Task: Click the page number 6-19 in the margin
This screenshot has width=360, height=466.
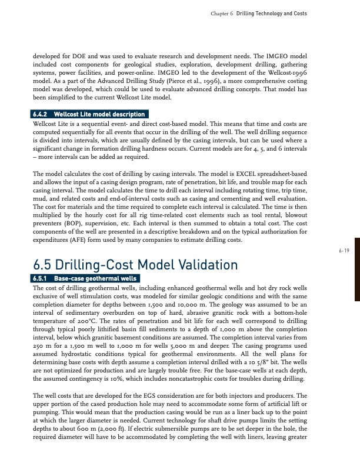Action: (344, 250)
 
